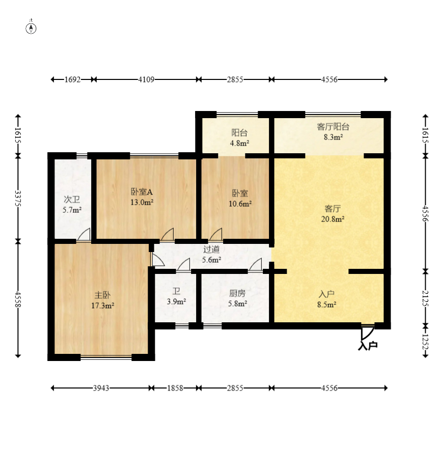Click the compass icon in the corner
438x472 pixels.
click(31, 27)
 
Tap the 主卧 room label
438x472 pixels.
click(102, 295)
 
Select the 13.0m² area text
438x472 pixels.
click(142, 202)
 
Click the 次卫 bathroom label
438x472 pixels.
click(72, 200)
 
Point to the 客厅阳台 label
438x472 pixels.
click(333, 127)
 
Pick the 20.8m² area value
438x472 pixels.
click(333, 219)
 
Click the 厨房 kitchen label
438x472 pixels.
click(237, 293)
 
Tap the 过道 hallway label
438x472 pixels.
click(211, 249)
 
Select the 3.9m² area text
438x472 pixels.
click(176, 301)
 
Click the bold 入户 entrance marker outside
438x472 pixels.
click(368, 346)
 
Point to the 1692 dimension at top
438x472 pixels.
click(72, 79)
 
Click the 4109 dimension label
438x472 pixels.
click(146, 79)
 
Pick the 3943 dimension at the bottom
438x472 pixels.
click(101, 388)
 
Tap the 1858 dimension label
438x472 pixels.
click(175, 388)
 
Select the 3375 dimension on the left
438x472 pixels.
click(18, 198)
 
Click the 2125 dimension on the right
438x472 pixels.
click(425, 298)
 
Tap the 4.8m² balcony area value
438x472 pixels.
click(239, 143)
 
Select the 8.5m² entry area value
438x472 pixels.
click(326, 304)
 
